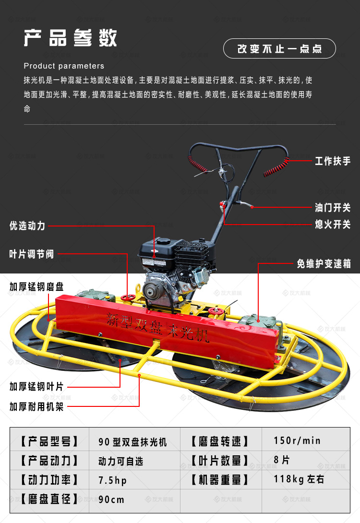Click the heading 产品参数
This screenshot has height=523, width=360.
[71, 38]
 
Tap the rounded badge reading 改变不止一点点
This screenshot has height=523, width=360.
[279, 48]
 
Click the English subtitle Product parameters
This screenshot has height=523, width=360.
[64, 66]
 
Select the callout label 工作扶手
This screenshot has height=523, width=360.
[333, 161]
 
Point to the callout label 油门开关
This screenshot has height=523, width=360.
[333, 207]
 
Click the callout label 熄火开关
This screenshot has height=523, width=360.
[333, 224]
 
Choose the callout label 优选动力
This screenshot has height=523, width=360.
[27, 226]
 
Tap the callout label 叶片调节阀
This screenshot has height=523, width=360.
[31, 254]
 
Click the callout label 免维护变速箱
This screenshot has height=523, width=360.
[324, 264]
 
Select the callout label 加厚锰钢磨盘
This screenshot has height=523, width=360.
[36, 286]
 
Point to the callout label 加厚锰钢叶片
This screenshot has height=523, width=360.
[36, 387]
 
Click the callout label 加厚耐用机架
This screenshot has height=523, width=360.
[36, 406]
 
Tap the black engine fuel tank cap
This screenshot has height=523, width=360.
[164, 240]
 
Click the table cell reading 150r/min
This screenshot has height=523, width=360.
[297, 440]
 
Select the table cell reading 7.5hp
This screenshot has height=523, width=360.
[112, 480]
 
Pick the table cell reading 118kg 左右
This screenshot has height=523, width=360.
[299, 479]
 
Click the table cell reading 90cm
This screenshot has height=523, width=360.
[111, 499]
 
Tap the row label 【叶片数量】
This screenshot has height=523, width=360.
[220, 461]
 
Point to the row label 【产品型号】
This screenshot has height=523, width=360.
[49, 441]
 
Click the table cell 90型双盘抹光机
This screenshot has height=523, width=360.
[132, 442]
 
